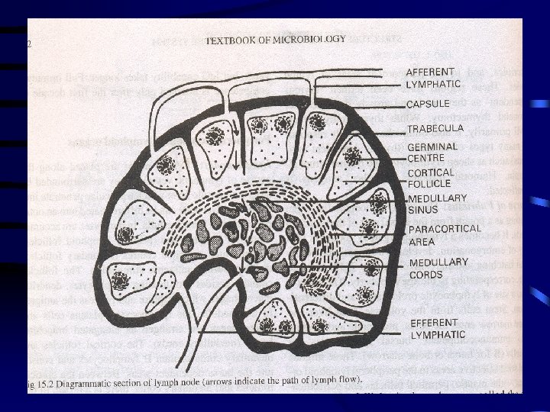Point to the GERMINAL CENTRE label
[432, 152]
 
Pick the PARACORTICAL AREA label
[445, 234]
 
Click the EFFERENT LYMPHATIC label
[438, 328]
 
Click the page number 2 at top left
[28, 43]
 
